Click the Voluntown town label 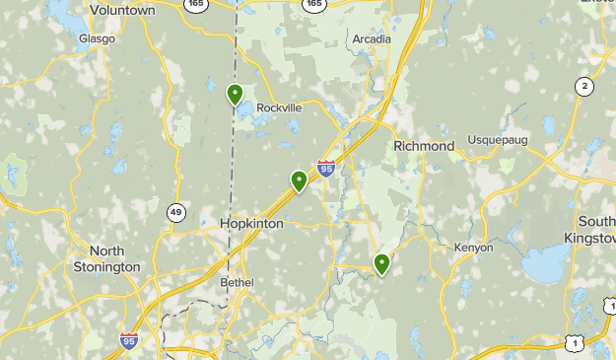122,9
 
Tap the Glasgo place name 97,38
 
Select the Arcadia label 372,39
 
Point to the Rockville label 278,108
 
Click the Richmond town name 424,146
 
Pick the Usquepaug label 498,140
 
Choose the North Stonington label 106,258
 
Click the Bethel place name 237,283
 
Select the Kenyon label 473,248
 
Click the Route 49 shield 176,212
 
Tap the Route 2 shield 585,87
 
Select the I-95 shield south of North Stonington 129,341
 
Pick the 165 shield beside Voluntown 196,5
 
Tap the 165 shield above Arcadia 314,5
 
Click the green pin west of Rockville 236,95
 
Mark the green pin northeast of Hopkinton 299,180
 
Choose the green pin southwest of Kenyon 381,263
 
